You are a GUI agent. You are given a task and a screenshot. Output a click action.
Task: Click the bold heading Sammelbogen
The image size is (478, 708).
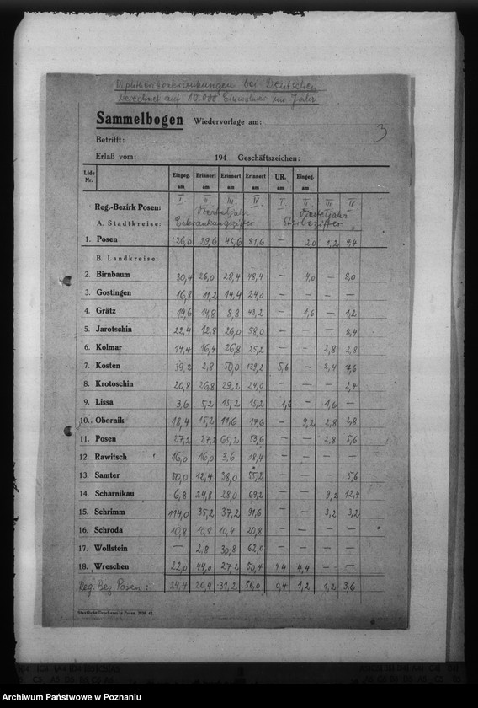coord(139,119)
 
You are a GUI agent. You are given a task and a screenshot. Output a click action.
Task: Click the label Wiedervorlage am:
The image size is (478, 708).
coord(227,121)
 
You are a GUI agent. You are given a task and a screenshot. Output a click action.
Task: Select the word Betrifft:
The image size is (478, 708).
coord(110,139)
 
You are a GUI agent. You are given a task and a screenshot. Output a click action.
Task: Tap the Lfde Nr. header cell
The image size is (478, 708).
coord(89,176)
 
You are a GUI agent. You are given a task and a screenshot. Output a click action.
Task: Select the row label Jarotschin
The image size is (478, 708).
coord(114,329)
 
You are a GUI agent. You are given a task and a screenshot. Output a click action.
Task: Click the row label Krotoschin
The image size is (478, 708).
coord(116,383)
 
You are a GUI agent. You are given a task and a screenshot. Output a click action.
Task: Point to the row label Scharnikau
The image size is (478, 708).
coord(117,493)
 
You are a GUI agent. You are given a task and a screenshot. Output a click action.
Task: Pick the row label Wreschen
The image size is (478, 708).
coord(114,566)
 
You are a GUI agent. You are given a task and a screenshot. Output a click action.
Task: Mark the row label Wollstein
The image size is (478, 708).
coord(114,548)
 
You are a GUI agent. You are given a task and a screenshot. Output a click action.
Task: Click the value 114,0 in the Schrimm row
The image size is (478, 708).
coord(178,512)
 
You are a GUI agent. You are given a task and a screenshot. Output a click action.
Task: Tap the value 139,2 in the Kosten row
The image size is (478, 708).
coord(255,367)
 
